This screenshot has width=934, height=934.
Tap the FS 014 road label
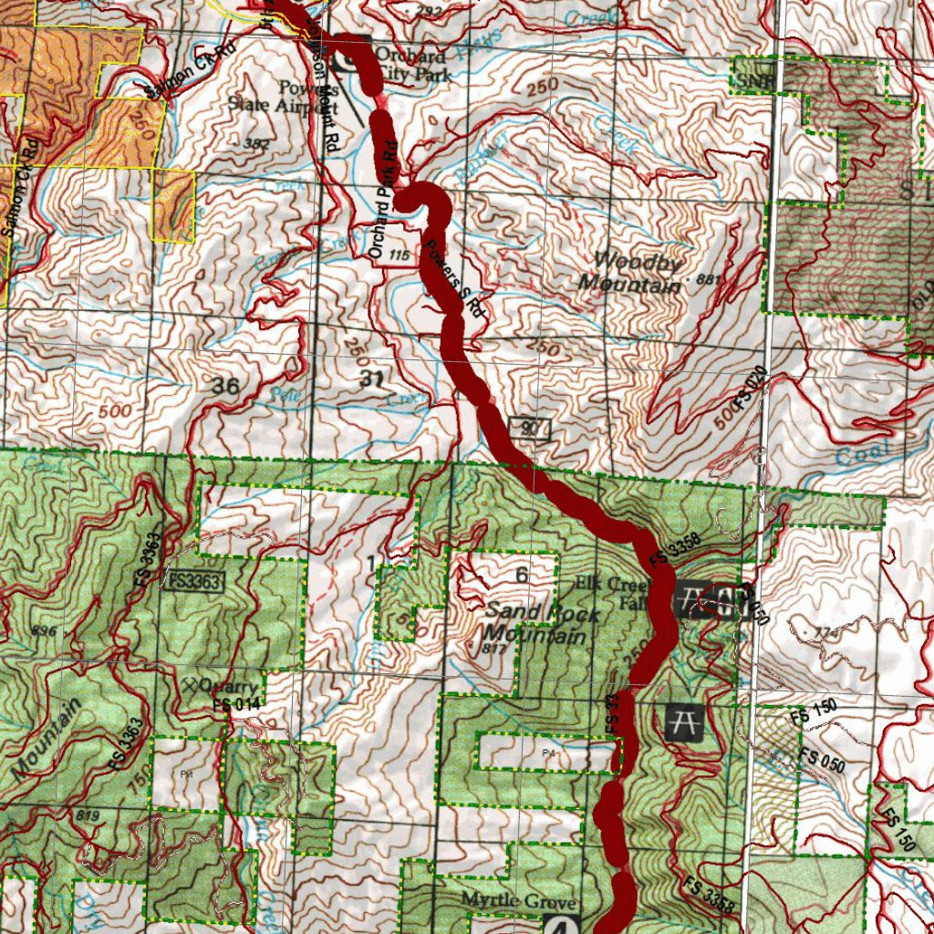point(236,703)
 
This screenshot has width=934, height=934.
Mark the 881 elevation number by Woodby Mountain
point(706,278)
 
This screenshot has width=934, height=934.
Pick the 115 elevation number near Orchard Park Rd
point(399,256)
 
